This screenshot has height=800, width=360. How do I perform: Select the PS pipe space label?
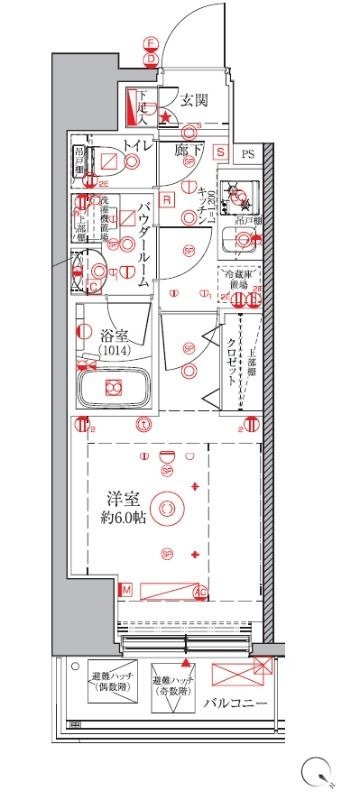(247, 153)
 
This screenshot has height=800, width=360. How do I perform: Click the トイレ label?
(137, 148)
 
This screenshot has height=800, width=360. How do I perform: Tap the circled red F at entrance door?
(151, 43)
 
